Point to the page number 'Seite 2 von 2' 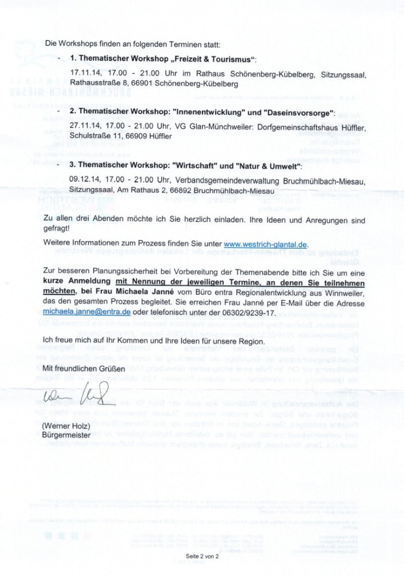click(x=201, y=557)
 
